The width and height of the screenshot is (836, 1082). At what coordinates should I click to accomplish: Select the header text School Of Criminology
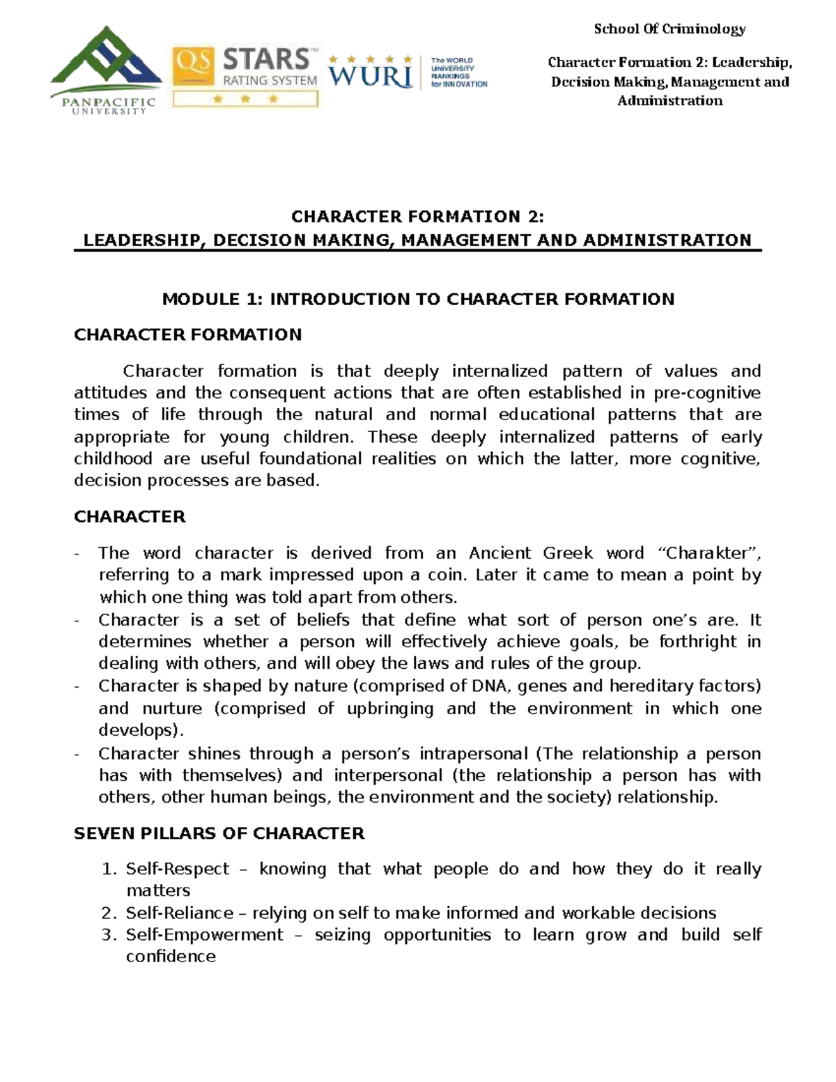[x=669, y=29]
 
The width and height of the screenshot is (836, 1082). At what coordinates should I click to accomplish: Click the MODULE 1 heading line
[x=418, y=300]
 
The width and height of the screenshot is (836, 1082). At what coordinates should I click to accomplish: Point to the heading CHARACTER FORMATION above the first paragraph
[x=188, y=335]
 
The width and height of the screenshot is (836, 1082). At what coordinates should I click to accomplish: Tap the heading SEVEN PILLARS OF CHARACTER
[x=219, y=834]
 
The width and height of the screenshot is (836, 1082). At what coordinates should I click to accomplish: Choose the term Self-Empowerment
[x=204, y=935]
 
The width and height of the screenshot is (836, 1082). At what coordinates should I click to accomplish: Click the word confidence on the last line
[x=171, y=957]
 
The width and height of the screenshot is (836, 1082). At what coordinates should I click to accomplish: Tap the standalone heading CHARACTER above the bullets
[x=130, y=517]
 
